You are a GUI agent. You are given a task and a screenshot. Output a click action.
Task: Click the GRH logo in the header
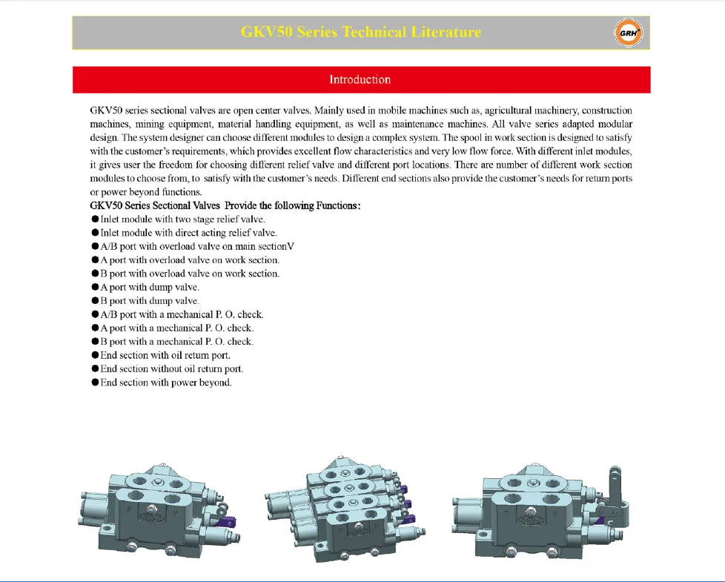point(629,33)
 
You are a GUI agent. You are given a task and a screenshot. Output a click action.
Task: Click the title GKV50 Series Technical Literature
point(361,33)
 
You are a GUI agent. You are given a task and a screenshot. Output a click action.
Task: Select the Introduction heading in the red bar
point(360,80)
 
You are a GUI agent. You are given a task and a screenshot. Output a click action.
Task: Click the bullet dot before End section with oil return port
point(95,355)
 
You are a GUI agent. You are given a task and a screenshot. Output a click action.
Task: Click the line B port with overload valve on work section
point(190,274)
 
